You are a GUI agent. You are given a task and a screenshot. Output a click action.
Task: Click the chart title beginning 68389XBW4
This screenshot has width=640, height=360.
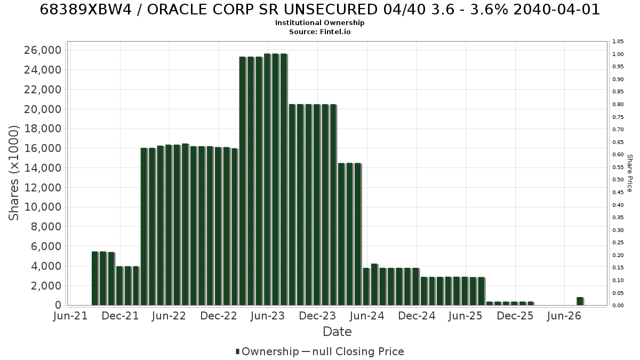pyautogui.click(x=319, y=10)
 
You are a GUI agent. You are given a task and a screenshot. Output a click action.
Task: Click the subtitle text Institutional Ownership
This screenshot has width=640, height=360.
pyautogui.click(x=319, y=23)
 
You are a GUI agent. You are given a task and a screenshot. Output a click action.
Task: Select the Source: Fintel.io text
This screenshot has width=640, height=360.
pyautogui.click(x=319, y=31)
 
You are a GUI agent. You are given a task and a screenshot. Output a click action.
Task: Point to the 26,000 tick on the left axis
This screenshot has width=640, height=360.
pyautogui.click(x=43, y=50)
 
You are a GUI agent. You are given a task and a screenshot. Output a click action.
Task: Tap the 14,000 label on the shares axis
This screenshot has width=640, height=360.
pyautogui.click(x=43, y=168)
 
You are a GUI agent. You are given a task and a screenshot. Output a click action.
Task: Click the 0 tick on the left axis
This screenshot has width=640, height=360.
pyautogui.click(x=58, y=305)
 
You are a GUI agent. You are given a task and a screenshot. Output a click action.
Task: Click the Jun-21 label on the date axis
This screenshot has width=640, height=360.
pyautogui.click(x=70, y=316)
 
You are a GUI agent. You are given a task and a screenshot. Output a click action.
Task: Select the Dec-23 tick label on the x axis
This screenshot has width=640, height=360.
pyautogui.click(x=317, y=316)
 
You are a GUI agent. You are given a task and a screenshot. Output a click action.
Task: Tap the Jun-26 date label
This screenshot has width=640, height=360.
pyautogui.click(x=564, y=316)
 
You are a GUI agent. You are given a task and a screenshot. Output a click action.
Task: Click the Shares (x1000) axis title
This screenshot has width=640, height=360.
pyautogui.click(x=14, y=173)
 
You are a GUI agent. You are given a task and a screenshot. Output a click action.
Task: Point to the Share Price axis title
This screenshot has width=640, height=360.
pyautogui.click(x=629, y=173)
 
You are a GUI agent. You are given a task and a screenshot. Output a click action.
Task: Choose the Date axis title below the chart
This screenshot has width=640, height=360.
pyautogui.click(x=337, y=332)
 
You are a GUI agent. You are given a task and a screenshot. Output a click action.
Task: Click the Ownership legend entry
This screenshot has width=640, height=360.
pyautogui.click(x=267, y=351)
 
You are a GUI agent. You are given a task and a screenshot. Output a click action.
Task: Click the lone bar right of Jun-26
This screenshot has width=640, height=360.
pyautogui.click(x=580, y=301)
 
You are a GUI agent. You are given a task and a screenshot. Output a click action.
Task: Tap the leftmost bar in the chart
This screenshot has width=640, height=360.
pyautogui.click(x=95, y=278)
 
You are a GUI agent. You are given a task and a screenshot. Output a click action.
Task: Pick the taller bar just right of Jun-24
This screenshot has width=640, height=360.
pyautogui.click(x=374, y=285)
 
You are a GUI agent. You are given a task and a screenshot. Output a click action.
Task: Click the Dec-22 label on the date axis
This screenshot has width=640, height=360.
pyautogui.click(x=219, y=316)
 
